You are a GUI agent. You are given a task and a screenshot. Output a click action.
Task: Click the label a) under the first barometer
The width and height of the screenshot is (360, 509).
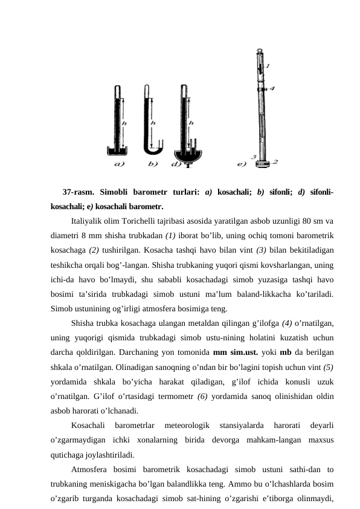[x=120, y=163]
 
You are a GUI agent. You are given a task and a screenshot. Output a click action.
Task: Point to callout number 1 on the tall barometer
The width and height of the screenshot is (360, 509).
[x=268, y=65]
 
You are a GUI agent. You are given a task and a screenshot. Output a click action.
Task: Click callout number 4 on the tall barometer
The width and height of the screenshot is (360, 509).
[x=272, y=88]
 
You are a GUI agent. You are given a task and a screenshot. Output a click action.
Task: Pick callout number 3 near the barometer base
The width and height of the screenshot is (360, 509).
[x=253, y=157]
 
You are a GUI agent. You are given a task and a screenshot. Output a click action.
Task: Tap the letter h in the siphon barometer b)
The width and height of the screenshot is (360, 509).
[x=153, y=123]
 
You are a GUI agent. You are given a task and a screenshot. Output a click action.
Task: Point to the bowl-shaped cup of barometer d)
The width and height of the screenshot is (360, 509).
[x=188, y=154]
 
